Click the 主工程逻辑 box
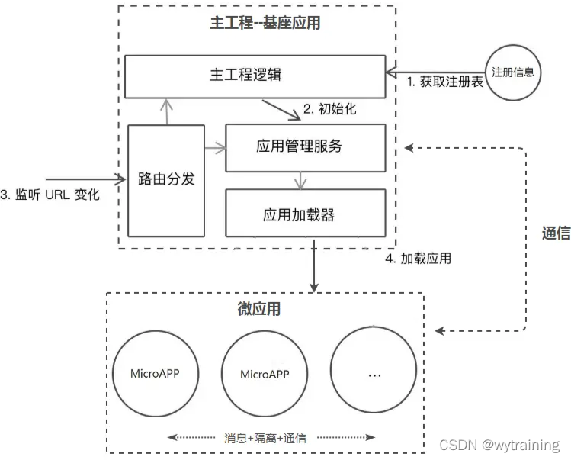[x=254, y=76]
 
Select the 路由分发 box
[x=166, y=180]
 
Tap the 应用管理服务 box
[x=305, y=145]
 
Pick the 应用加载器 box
[x=305, y=215]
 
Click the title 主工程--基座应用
[x=265, y=23]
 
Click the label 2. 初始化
[x=329, y=109]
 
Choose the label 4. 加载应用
[x=417, y=258]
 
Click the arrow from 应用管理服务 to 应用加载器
[x=302, y=181]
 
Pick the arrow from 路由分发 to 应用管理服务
[x=215, y=145]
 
